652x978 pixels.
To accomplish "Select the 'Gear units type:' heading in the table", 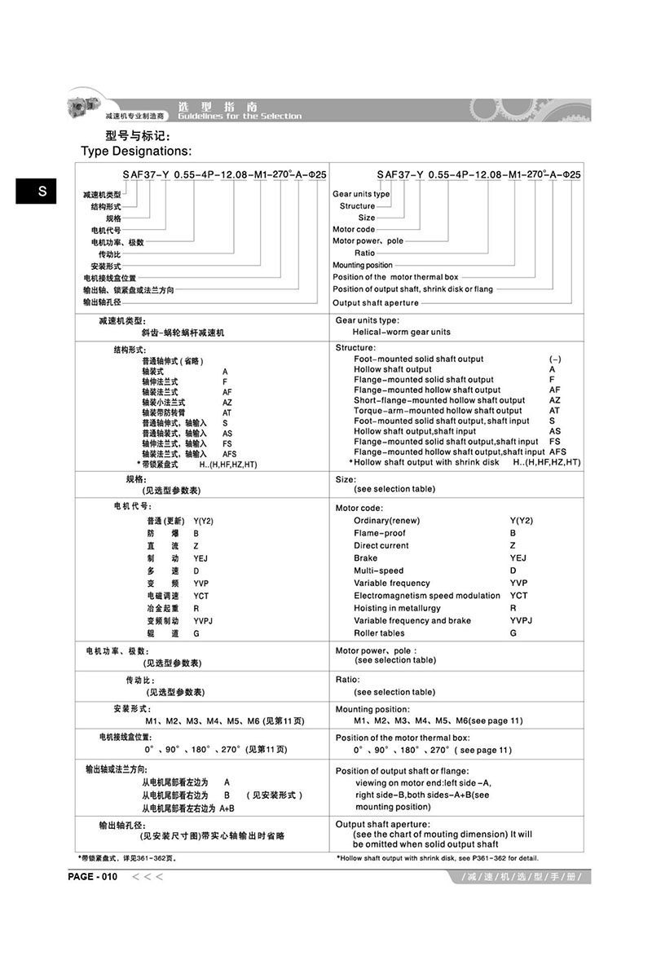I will pyautogui.click(x=368, y=320).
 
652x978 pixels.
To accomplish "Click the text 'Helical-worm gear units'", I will pyautogui.click(x=401, y=332).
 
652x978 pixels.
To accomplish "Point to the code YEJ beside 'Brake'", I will pyautogui.click(x=518, y=558).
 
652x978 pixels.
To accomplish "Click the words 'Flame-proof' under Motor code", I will pyautogui.click(x=380, y=533).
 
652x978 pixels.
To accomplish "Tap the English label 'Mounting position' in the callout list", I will pyautogui.click(x=363, y=266).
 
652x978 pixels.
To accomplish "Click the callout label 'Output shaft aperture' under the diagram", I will pyautogui.click(x=376, y=303).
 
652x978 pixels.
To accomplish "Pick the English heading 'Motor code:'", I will pyautogui.click(x=359, y=508).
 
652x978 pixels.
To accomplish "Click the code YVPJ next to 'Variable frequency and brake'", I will pyautogui.click(x=522, y=620).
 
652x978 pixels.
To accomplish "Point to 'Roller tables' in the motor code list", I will pyautogui.click(x=379, y=633).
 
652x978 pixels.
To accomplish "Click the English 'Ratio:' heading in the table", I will pyautogui.click(x=347, y=679).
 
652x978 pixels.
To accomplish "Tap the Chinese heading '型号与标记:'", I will pyautogui.click(x=138, y=135).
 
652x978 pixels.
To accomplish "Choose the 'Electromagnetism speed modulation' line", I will pyautogui.click(x=427, y=596).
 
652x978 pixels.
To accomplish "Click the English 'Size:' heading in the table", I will pyautogui.click(x=346, y=479).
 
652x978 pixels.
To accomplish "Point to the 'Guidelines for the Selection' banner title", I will pyautogui.click(x=239, y=116).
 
